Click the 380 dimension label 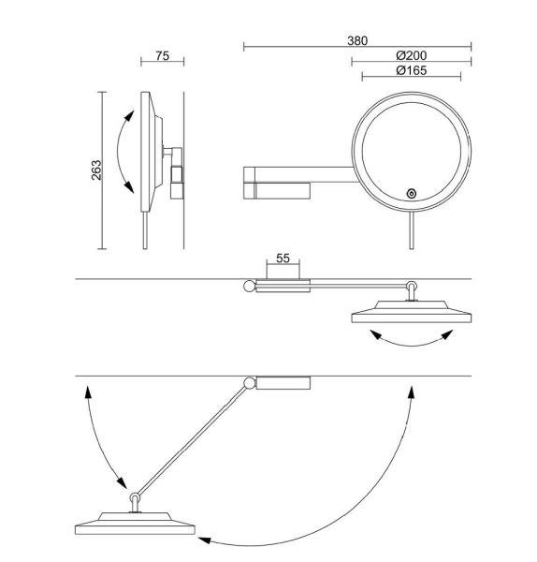(356, 40)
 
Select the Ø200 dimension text (410, 56)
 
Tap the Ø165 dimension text (410, 71)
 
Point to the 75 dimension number (161, 56)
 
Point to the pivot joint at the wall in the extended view (249, 382)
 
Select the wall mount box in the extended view (283, 381)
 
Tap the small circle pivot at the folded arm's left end (249, 287)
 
